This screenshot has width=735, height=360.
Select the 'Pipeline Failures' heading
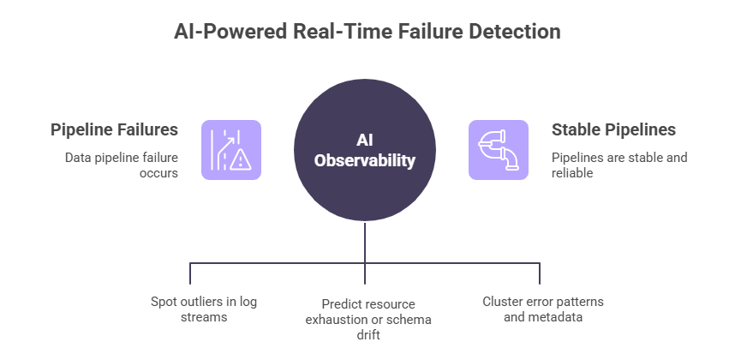(114, 129)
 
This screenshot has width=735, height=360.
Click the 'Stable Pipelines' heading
(612, 129)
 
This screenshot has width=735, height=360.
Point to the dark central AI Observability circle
(365, 149)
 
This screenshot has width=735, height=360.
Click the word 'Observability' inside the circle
(365, 160)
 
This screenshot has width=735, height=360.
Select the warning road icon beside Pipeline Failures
(230, 150)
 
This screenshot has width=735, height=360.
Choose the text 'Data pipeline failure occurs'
(122, 165)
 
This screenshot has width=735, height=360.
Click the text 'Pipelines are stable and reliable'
(618, 165)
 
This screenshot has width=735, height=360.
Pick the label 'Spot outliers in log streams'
(202, 309)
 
